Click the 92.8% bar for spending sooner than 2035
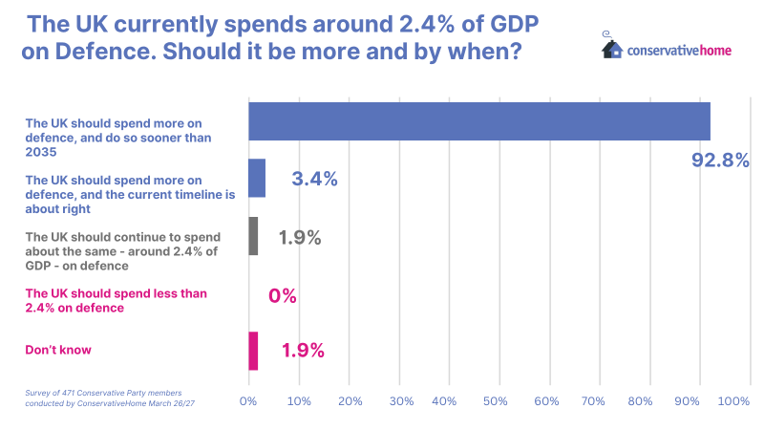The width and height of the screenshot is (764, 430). [478, 121]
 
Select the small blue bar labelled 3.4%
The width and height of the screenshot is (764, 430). [257, 179]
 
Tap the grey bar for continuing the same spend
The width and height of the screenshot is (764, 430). [253, 236]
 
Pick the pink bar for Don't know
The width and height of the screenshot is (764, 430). [253, 351]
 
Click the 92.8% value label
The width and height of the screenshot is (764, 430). [719, 160]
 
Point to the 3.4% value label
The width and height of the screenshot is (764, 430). [314, 179]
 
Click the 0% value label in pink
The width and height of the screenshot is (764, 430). [283, 296]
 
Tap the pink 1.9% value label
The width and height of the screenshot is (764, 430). [303, 351]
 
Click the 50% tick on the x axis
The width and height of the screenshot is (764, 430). [495, 402]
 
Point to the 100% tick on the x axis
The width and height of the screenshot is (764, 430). [734, 402]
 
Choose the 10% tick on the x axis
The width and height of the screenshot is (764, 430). [299, 402]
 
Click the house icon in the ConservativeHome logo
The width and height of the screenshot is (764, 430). [612, 47]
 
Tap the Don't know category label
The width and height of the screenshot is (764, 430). [58, 351]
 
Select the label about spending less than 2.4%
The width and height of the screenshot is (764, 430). [116, 300]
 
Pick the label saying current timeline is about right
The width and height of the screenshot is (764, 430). [130, 193]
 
